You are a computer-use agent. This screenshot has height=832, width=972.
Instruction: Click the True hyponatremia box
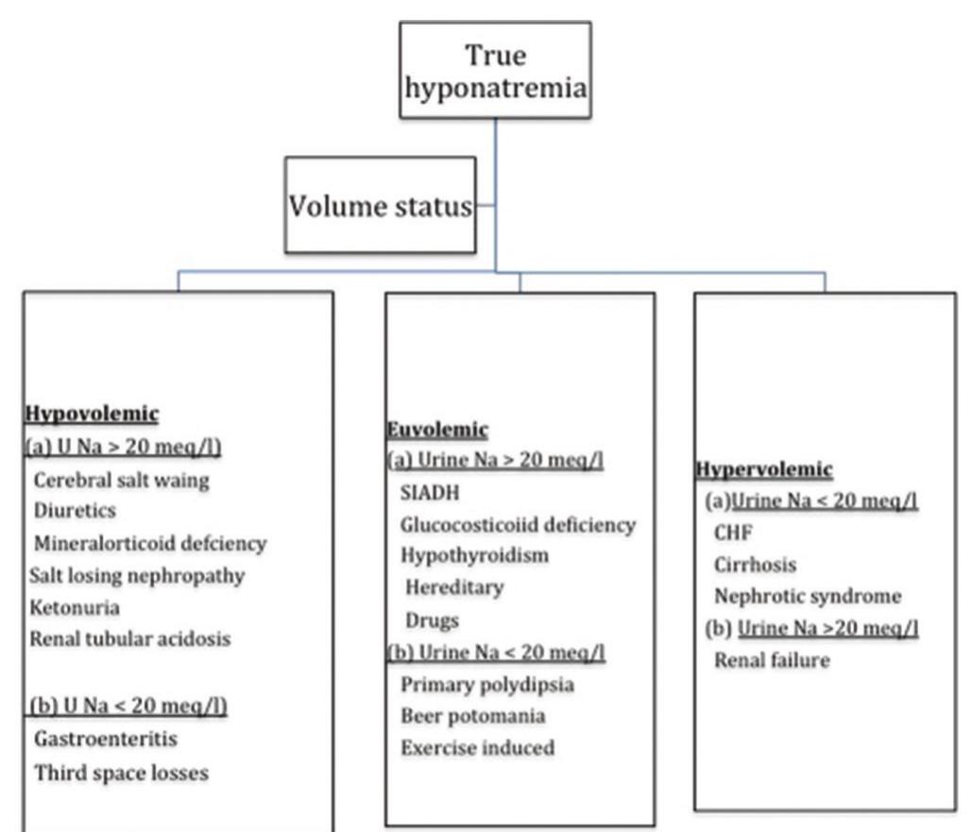coord(495,71)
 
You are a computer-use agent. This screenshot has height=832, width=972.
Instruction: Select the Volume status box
coord(380,206)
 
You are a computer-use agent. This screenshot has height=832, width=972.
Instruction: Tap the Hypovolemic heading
coord(91,414)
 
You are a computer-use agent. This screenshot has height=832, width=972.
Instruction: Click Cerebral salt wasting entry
coord(121,480)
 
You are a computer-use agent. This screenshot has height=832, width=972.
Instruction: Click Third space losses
coord(121,773)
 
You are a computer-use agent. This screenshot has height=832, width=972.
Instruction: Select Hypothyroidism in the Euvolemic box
coord(474,555)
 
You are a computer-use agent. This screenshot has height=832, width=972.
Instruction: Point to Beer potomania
coord(472,716)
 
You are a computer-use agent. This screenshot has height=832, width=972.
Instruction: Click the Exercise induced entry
coord(477,748)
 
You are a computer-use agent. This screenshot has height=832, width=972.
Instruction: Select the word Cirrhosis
coord(755,565)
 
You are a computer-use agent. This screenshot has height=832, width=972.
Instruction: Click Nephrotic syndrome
coord(807,597)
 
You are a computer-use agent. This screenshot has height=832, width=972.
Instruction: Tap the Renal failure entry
coord(772,660)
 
